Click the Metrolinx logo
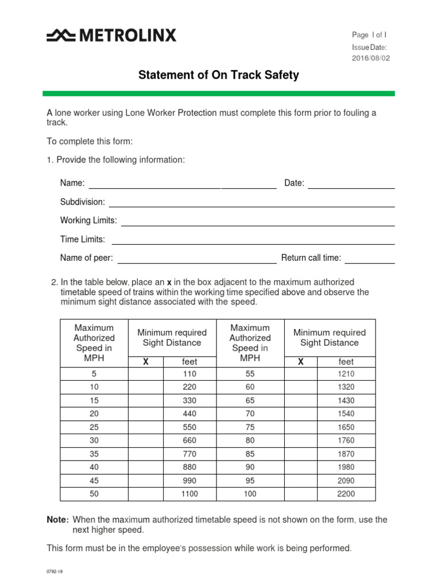[111, 36]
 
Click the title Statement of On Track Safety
[219, 75]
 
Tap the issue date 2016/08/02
[370, 58]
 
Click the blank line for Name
[182, 184]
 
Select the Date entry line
[351, 184]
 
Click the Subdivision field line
[252, 203]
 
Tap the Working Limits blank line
[257, 221]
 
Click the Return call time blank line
[369, 258]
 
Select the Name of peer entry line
[197, 258]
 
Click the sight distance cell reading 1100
[189, 494]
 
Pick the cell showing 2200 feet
[346, 494]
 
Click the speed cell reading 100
[250, 494]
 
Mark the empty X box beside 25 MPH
[145, 427]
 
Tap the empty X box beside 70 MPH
[301, 413]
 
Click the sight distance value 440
[189, 413]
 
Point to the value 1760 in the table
[346, 440]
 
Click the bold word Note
[57, 520]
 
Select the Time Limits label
[83, 239]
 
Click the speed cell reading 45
[94, 481]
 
